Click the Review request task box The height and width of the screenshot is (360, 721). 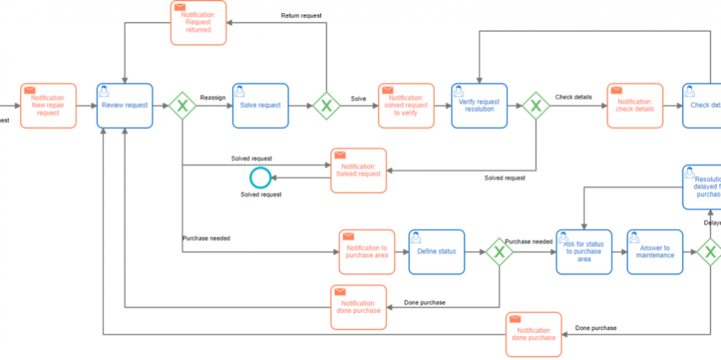[125, 106]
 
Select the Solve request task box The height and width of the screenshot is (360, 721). [261, 106]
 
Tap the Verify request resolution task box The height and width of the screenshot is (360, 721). [480, 106]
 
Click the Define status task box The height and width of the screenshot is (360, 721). [436, 251]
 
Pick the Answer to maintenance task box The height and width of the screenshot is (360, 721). [655, 251]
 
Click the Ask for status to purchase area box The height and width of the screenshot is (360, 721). [584, 251]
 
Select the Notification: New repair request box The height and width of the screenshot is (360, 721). [49, 106]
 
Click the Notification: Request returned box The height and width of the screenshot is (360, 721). [198, 22]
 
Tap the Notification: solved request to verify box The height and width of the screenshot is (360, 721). [406, 106]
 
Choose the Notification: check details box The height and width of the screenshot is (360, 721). [635, 106]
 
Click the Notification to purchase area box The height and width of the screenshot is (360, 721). [367, 251]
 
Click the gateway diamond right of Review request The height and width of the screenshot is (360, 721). [183, 106]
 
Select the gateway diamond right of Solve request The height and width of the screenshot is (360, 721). [326, 106]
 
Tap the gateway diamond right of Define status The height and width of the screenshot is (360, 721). [500, 251]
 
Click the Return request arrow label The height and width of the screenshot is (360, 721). [301, 15]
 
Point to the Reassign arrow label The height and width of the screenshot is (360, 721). [213, 97]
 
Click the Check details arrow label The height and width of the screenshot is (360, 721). [573, 97]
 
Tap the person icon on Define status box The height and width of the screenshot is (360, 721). [416, 237]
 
